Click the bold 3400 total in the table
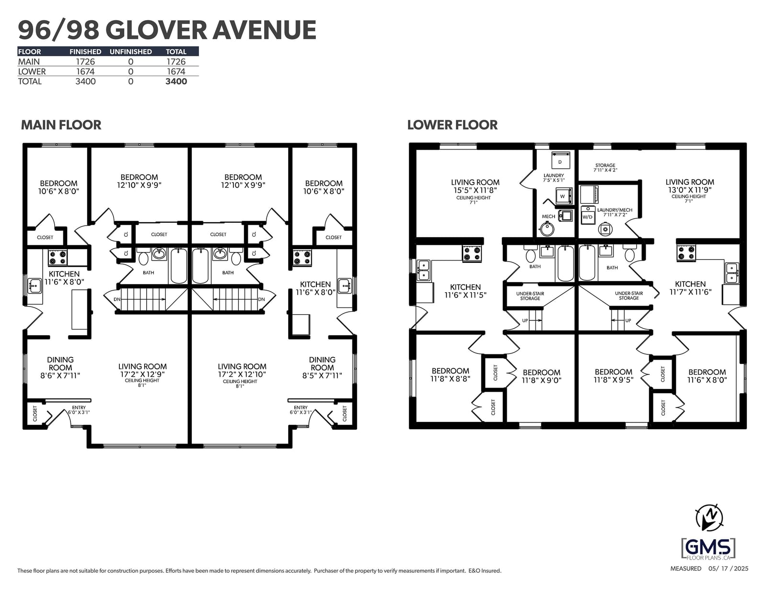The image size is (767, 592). [x=176, y=81]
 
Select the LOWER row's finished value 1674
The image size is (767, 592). [x=85, y=71]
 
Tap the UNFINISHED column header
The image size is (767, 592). [x=130, y=51]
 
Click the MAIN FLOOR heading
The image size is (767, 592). [x=61, y=125]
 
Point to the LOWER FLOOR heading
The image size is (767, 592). [x=452, y=125]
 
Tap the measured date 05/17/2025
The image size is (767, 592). [x=728, y=569]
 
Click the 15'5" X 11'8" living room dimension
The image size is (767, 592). [x=475, y=191]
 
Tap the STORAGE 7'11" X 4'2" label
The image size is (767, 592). [x=605, y=168]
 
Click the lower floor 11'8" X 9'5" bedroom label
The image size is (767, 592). [x=614, y=379]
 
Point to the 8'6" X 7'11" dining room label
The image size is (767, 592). [x=60, y=376]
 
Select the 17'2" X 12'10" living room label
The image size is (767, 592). [x=242, y=374]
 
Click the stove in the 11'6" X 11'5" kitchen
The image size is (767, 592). [x=472, y=254]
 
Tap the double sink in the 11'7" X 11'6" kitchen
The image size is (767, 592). [x=732, y=273]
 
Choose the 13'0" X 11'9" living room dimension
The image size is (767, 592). [x=690, y=190]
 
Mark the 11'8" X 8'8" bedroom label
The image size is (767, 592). [x=451, y=379]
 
